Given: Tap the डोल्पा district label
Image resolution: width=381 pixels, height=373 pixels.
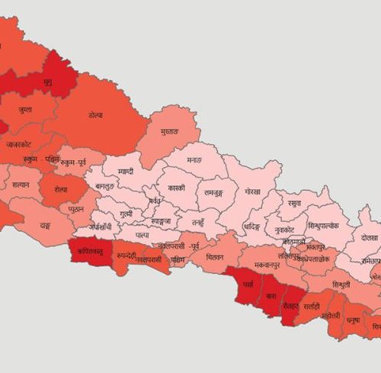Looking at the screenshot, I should (x=95, y=116).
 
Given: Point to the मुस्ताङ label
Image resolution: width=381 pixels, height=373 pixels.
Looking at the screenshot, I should (x=169, y=132).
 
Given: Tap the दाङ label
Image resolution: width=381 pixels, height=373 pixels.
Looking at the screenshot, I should (x=46, y=226).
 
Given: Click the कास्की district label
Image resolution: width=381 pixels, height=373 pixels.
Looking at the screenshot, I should (x=177, y=187).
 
